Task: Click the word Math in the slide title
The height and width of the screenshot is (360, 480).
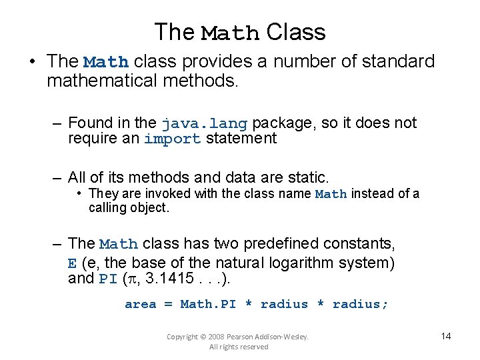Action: tap(231, 33)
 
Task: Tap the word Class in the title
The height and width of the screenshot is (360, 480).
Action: tap(295, 32)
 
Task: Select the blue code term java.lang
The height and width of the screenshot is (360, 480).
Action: tap(204, 123)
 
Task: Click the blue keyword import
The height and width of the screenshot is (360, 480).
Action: tap(172, 139)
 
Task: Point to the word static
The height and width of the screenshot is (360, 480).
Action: tap(307, 177)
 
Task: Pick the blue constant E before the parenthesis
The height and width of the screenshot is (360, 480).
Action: tap(73, 261)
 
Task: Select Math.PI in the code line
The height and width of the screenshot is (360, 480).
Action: tap(208, 305)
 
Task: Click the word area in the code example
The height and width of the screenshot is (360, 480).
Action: tap(141, 305)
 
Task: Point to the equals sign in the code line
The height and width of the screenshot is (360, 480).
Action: tap(168, 305)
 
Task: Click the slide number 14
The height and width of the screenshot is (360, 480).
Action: tap(446, 335)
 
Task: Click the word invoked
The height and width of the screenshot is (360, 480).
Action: tap(157, 194)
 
